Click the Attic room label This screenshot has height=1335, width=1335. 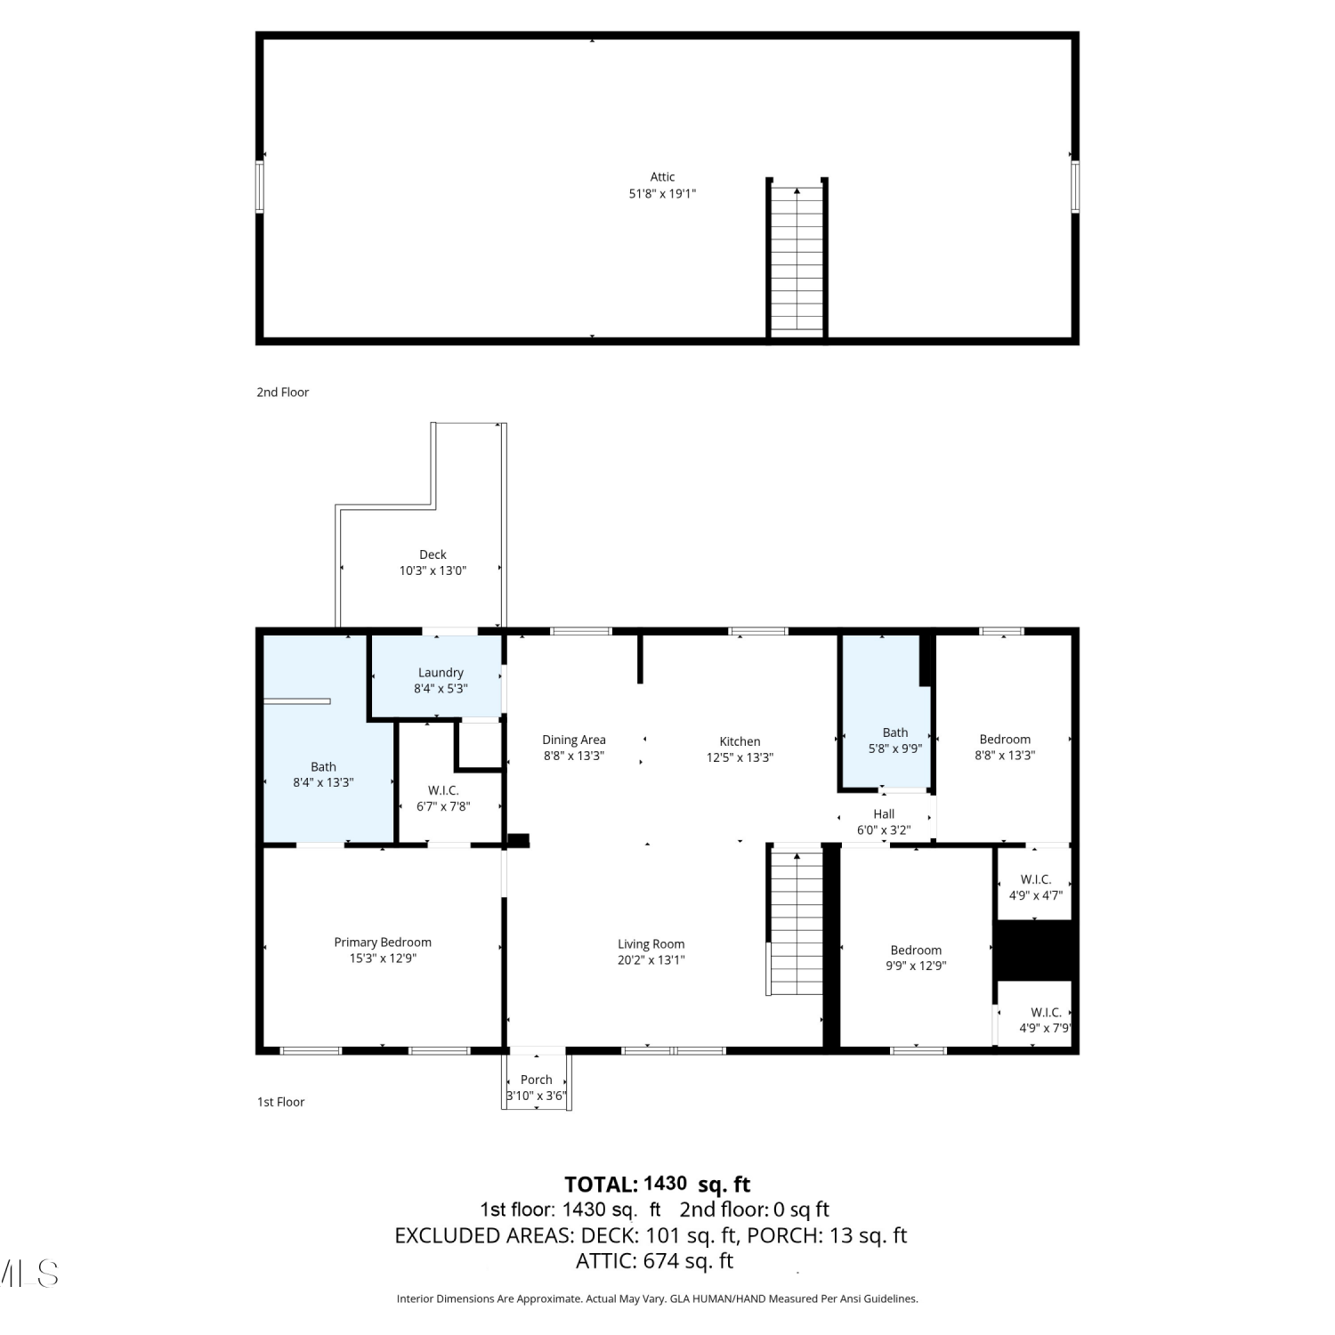[662, 177]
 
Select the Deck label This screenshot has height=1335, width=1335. [433, 554]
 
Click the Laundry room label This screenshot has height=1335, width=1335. [441, 673]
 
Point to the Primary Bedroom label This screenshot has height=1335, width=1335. [383, 943]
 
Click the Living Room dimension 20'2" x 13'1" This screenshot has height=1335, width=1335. [651, 959]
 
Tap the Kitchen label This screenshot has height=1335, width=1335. [740, 741]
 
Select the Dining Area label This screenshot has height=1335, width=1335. [574, 740]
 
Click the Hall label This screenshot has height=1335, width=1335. [884, 813]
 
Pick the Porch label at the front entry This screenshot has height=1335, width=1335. [537, 1080]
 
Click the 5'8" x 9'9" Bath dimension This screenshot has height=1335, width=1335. [895, 748]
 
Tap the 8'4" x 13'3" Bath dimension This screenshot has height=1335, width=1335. [323, 782]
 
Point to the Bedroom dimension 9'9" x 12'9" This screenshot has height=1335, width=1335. [916, 966]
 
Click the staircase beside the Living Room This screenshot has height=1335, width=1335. [796, 923]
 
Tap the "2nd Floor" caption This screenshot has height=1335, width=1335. [283, 392]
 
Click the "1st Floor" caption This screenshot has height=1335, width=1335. [281, 1102]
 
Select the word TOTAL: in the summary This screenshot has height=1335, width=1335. [602, 1185]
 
